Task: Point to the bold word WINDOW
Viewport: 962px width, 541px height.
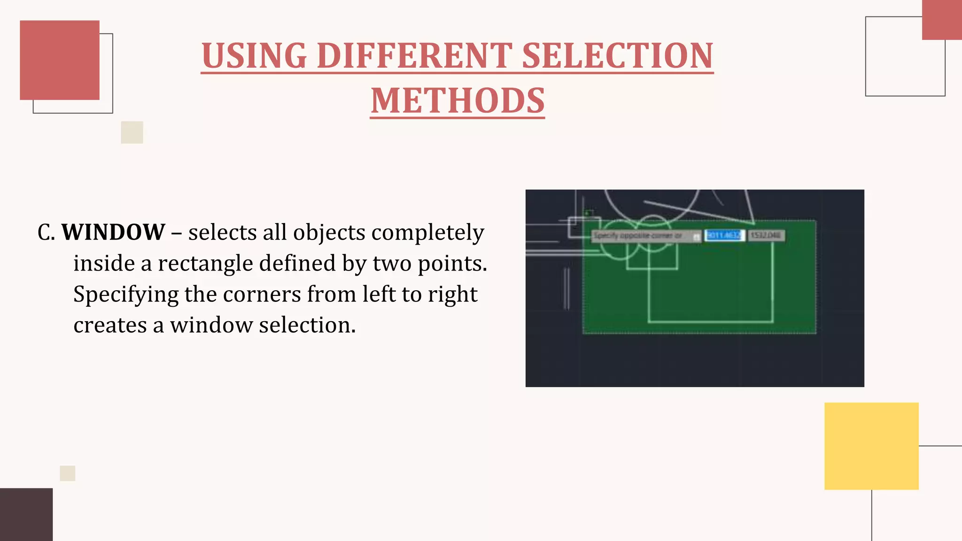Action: click(113, 232)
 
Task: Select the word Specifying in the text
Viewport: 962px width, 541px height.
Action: click(126, 294)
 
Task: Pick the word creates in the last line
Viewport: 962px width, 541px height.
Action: click(110, 325)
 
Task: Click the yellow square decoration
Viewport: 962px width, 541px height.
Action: click(871, 446)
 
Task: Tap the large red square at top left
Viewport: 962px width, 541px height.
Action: click(60, 60)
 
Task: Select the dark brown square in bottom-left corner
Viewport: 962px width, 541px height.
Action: click(26, 514)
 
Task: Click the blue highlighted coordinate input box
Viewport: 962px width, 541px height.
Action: click(724, 235)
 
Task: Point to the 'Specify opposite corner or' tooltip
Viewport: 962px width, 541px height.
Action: click(642, 235)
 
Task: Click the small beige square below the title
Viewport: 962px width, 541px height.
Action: click(132, 132)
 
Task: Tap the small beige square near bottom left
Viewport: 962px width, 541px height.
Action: click(68, 473)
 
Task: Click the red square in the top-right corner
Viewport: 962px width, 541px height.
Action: click(942, 20)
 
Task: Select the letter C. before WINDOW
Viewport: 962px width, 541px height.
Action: click(46, 232)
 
